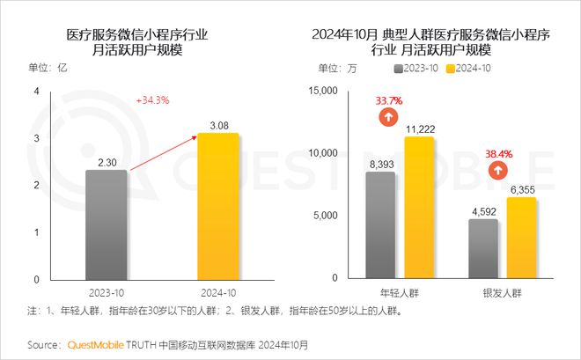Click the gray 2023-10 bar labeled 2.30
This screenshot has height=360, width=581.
click(107, 224)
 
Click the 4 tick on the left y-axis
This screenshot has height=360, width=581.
click(36, 92)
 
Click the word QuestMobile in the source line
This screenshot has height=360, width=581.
click(99, 344)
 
